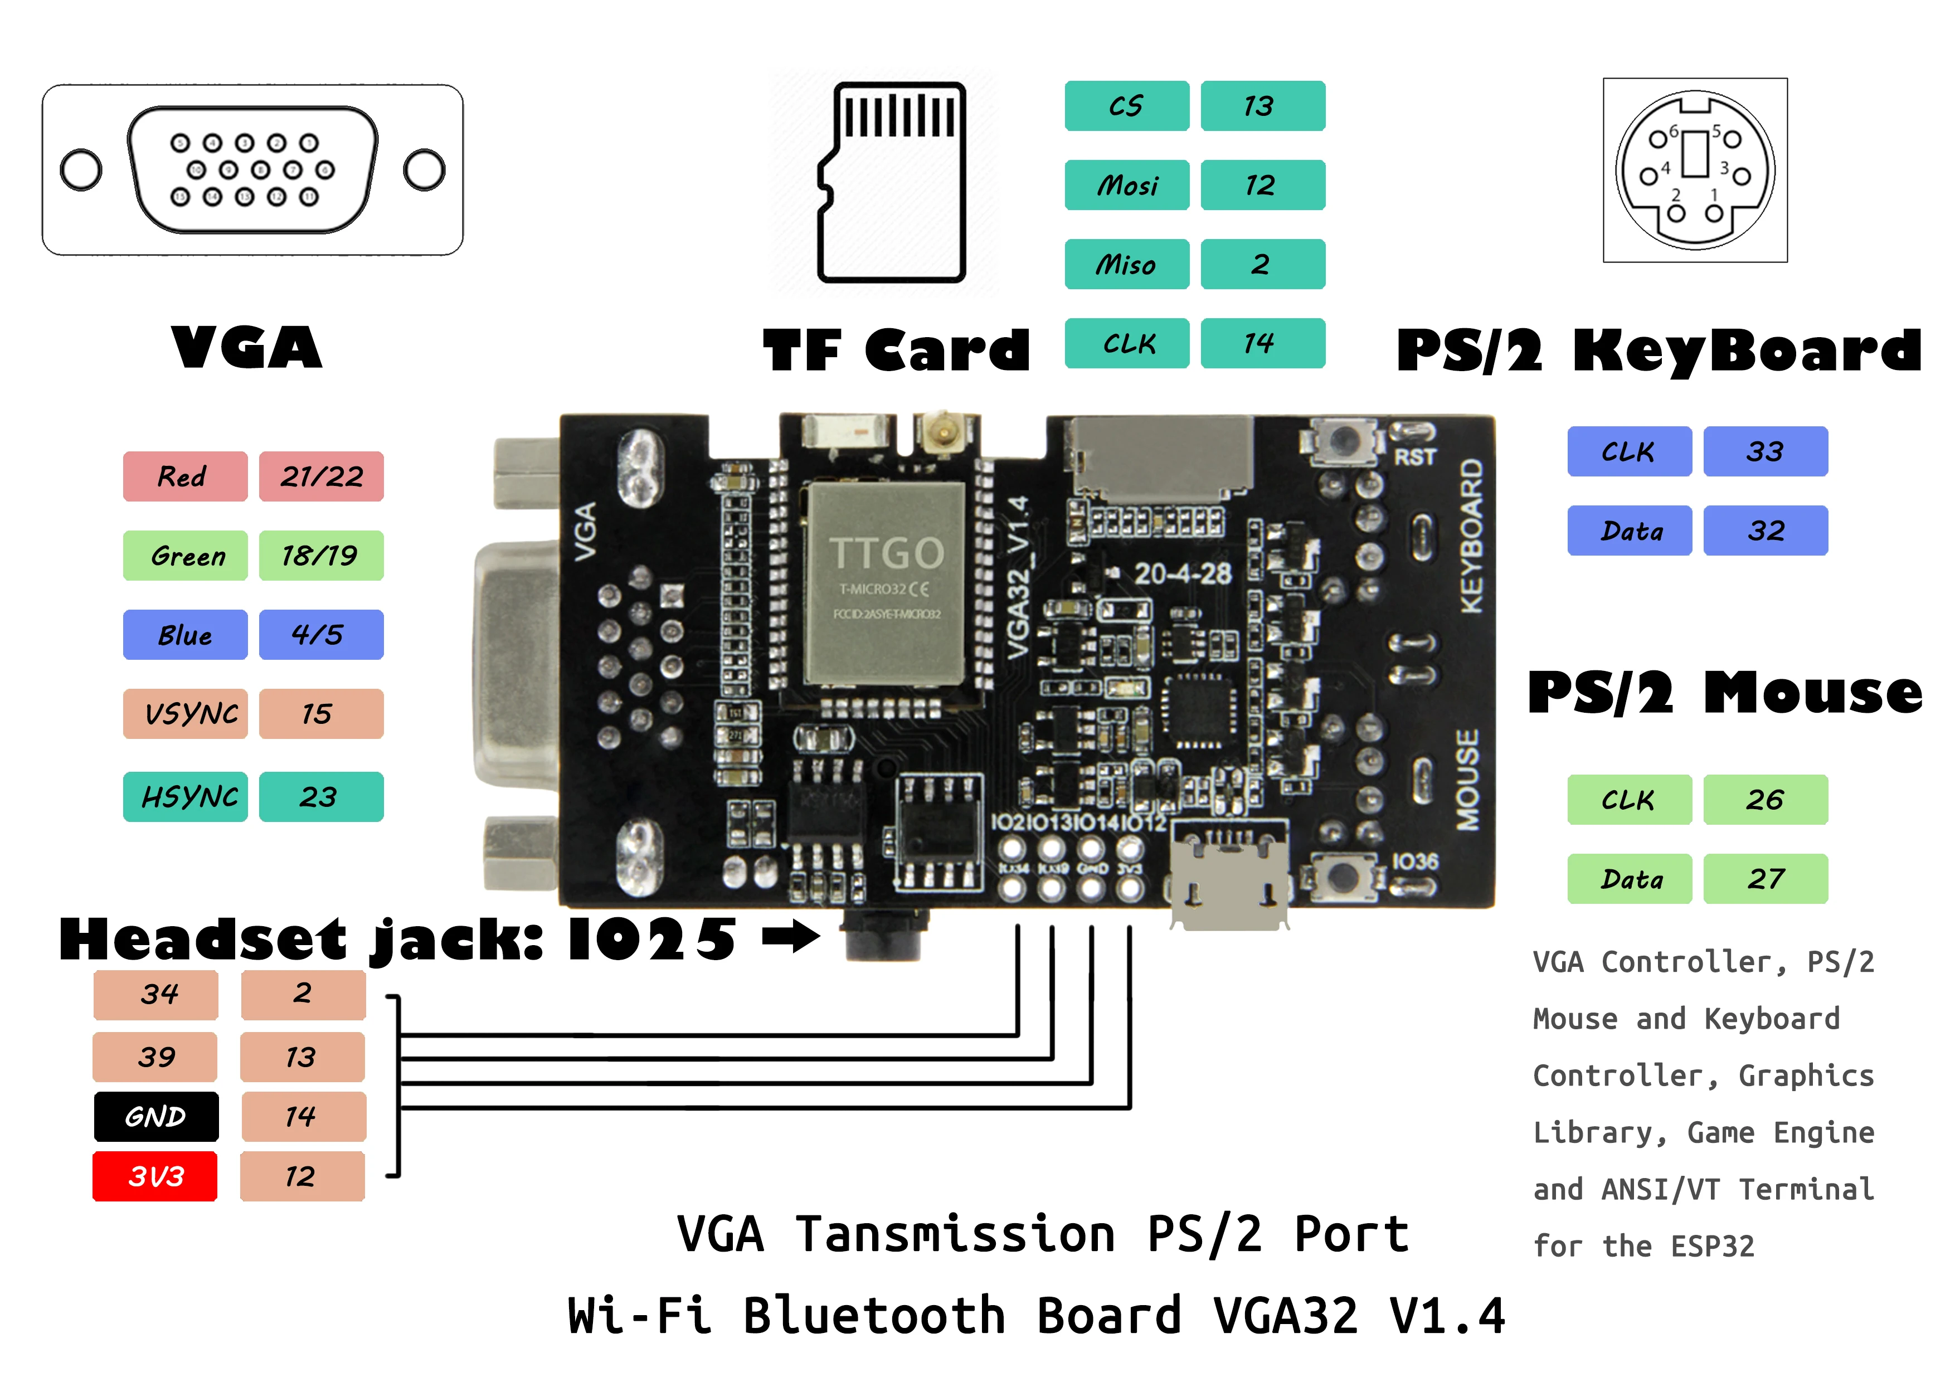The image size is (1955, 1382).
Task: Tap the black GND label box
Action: pos(156,1116)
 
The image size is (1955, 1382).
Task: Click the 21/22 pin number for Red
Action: pos(321,476)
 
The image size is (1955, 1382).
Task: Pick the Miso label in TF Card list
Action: pos(1126,265)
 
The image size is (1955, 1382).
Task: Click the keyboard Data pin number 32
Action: pos(1765,531)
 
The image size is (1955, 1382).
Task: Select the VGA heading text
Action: pos(247,348)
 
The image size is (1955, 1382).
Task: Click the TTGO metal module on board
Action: pos(886,583)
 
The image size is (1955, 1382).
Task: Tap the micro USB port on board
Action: pos(1229,877)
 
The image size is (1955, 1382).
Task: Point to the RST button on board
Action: pos(1344,440)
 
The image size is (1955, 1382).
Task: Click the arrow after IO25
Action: pos(790,937)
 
